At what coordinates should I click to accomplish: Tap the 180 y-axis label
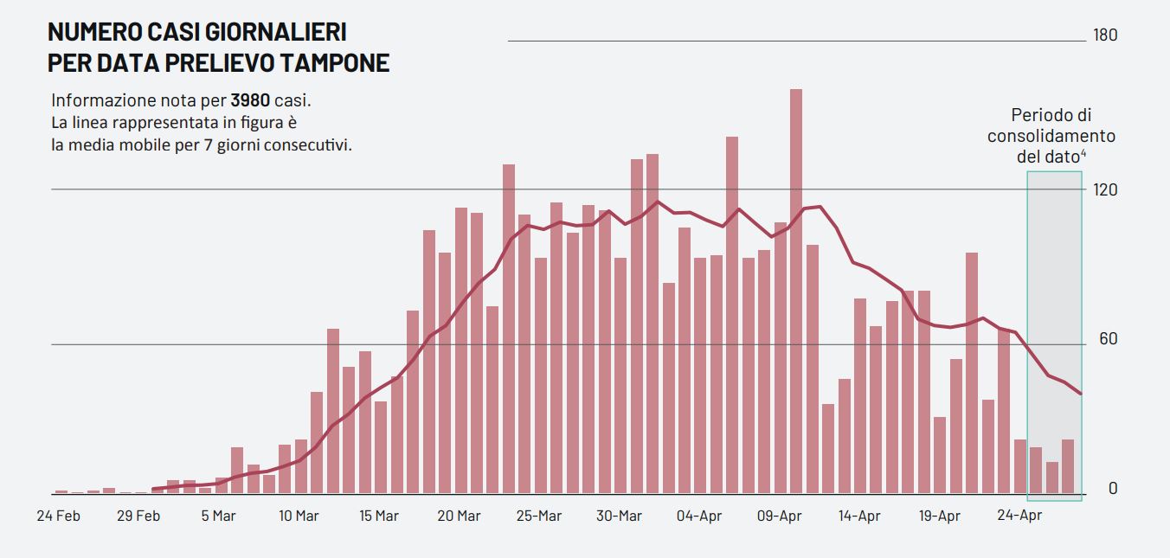point(1105,35)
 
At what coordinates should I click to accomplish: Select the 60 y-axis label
point(1108,338)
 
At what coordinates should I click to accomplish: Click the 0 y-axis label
point(1112,489)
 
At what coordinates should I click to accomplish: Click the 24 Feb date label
point(59,516)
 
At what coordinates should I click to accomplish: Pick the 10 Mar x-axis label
point(299,516)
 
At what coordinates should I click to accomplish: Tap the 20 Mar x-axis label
point(459,516)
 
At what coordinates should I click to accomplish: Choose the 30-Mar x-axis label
point(619,516)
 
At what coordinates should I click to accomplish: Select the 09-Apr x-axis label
point(780,516)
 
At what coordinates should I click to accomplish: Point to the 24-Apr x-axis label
point(1019,516)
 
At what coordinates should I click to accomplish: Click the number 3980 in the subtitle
point(250,99)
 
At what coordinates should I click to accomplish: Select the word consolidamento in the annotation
point(1051,136)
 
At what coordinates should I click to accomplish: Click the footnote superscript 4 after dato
point(1083,153)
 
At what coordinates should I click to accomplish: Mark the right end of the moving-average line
point(1081,394)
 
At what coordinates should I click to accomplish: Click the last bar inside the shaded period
point(1068,467)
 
